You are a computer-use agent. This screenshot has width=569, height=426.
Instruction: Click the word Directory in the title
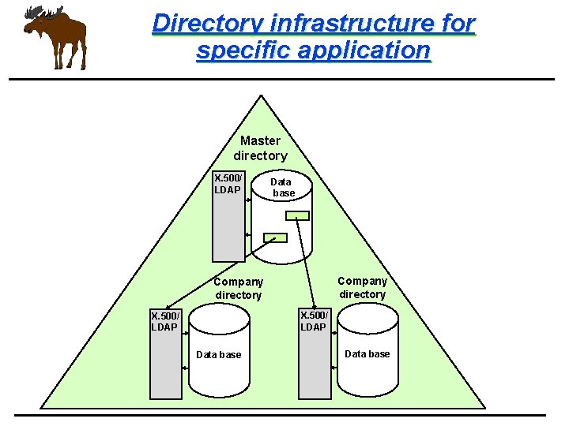pyautogui.click(x=201, y=23)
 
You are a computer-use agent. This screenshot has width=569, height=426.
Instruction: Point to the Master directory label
pyautogui.click(x=260, y=148)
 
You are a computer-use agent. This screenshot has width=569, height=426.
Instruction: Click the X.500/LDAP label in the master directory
pyautogui.click(x=228, y=183)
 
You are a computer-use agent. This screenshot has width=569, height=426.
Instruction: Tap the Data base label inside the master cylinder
pyautogui.click(x=282, y=187)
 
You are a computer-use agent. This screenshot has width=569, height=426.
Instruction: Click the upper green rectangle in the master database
pyautogui.click(x=297, y=215)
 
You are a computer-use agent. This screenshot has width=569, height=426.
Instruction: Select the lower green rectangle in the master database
pyautogui.click(x=275, y=237)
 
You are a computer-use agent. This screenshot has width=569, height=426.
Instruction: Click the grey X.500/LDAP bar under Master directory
pyautogui.click(x=228, y=229)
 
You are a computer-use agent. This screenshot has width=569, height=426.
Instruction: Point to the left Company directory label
pyautogui.click(x=238, y=288)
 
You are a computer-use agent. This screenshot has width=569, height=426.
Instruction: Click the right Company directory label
pyautogui.click(x=362, y=287)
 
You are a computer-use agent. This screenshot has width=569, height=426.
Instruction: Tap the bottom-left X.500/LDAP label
pyautogui.click(x=165, y=321)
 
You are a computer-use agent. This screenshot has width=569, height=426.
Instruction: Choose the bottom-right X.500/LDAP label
pyautogui.click(x=314, y=321)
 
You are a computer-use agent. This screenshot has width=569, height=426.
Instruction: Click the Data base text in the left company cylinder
pyautogui.click(x=218, y=354)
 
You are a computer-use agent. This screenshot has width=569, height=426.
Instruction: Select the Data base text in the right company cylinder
pyautogui.click(x=367, y=353)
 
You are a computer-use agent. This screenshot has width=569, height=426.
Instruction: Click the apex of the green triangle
pyautogui.click(x=259, y=97)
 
